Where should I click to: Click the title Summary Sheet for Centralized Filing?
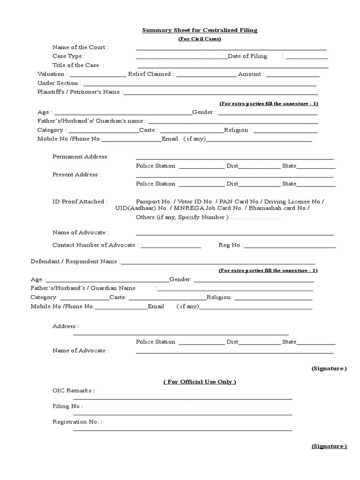(x=200, y=30)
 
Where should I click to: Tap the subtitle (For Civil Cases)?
(x=199, y=39)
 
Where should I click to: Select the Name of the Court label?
(x=80, y=47)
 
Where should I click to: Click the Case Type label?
(x=68, y=56)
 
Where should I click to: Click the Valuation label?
(x=52, y=74)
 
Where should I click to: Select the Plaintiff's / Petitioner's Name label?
(x=80, y=92)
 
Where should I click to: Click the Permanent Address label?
(x=81, y=157)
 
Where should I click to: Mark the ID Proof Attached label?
(x=79, y=202)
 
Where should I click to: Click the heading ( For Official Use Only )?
(x=200, y=382)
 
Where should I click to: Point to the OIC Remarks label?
(x=73, y=390)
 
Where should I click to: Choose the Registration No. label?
(x=77, y=422)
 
